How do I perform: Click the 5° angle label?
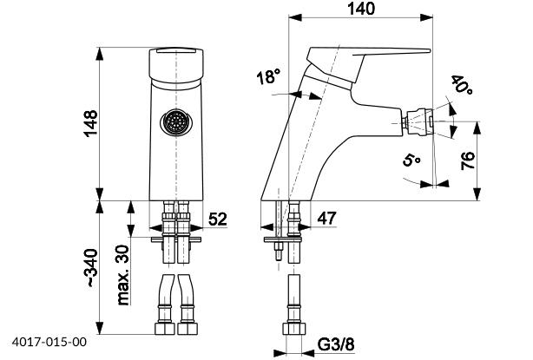411,160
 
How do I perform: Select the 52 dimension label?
217,220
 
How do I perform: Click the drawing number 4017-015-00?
49,343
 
